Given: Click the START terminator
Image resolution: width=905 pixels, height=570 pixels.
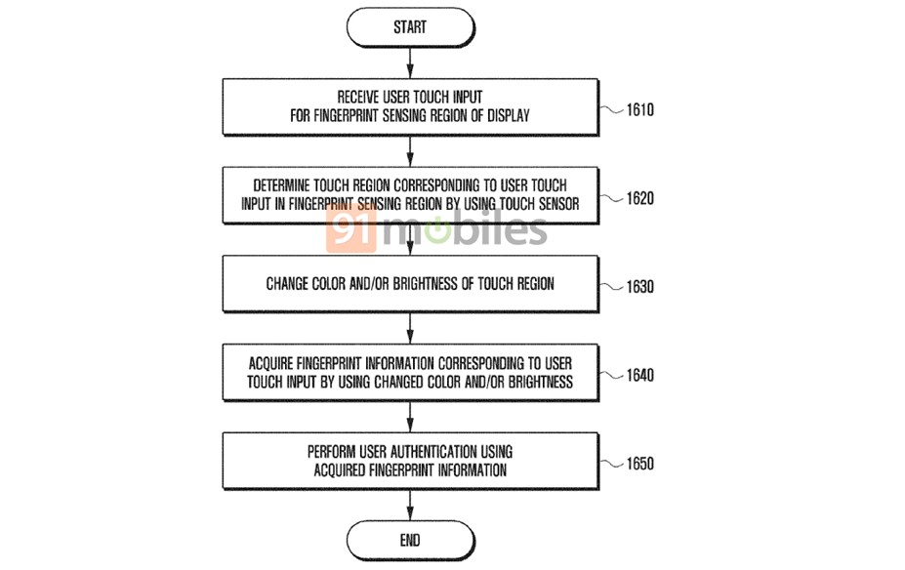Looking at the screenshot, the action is pos(410,27).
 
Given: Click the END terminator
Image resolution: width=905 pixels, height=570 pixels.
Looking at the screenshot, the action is pos(410,540).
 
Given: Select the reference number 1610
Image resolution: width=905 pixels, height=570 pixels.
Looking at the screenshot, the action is pos(640,109).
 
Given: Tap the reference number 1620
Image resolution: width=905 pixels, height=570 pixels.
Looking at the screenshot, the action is pos(640,198).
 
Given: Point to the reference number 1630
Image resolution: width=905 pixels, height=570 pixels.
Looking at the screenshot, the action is pos(640,287).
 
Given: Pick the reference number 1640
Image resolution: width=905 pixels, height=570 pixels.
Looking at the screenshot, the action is pos(640,375).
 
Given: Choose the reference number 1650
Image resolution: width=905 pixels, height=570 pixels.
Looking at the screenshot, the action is pos(640,464).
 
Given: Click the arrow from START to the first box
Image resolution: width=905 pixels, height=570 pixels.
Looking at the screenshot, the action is pos(410,62).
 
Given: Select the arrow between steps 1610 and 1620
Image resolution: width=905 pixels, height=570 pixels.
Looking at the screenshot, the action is pos(410,151).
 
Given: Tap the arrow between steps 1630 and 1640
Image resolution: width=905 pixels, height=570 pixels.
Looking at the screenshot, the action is pos(410,329).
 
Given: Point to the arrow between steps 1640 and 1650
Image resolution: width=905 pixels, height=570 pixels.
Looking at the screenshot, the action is pos(410,417).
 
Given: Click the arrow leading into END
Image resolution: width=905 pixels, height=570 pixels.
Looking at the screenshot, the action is pos(410,506).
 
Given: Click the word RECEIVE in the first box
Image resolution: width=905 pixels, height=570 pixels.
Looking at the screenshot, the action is pos(358,97).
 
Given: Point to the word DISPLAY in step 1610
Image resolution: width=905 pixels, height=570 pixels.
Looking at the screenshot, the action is pos(509,115).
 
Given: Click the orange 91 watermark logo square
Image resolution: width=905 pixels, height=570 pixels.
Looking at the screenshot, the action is pos(350,228).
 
